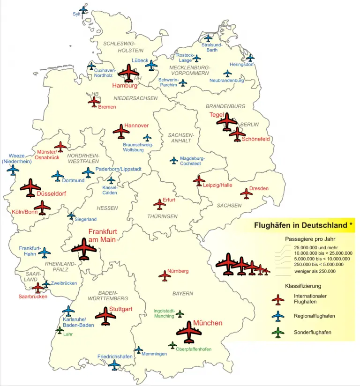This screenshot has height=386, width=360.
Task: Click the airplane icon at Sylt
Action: pos(83,9)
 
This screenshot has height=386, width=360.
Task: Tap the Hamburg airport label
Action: pos(124,86)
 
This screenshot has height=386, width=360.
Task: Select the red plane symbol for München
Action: pos(189,332)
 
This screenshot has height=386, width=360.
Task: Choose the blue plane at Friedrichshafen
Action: pos(114,365)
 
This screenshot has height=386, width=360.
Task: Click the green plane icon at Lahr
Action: pos(60,330)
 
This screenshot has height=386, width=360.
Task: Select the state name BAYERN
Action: pos(182,294)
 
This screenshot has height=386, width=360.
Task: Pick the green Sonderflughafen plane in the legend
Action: pos(278,332)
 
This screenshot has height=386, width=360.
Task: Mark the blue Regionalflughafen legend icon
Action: pos(278,316)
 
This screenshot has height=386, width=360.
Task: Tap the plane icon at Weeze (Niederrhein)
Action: pos(13,170)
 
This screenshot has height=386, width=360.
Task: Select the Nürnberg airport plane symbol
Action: pos(165,275)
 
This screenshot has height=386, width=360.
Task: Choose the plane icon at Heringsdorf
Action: pos(251,58)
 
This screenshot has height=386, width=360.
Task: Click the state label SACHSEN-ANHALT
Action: pos(181,138)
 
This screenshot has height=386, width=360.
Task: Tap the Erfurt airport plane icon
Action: pos(160,204)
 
